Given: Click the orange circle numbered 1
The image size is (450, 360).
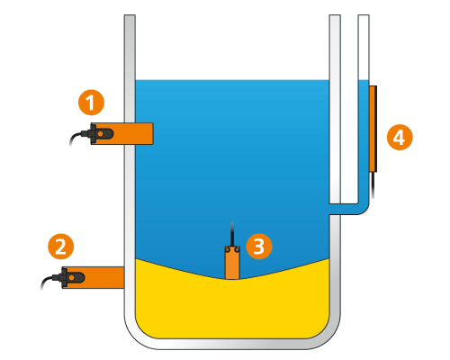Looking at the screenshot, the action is (91, 103).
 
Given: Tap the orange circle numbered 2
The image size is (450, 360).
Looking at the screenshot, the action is (61, 247).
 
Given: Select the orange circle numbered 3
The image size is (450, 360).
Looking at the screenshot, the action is (259, 247).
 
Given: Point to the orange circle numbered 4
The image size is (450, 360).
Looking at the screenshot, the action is (400, 138).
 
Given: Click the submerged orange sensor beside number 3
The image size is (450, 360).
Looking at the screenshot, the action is (232, 263).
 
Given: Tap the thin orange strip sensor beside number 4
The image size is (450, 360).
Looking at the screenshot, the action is (373, 129).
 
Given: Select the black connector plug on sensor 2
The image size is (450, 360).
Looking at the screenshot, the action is (71, 277).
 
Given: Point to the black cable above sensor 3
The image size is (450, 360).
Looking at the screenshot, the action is (232, 234).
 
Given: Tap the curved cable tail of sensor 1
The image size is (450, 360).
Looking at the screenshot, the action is (75, 137).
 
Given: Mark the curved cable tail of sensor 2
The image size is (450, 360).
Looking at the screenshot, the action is (47, 281).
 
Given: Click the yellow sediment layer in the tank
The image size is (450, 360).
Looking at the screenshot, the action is (232, 309).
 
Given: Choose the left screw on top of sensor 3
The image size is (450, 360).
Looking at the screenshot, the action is (228, 249).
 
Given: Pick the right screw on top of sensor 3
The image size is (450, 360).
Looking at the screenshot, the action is (237, 249).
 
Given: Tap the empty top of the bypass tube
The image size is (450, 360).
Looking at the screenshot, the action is (364, 48).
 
